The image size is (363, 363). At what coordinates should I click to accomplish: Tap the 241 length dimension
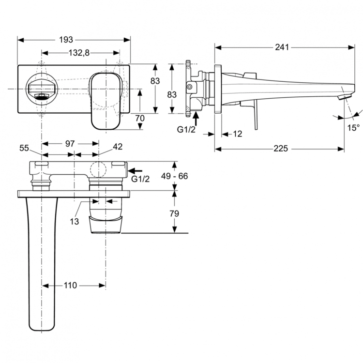click(x=281, y=47)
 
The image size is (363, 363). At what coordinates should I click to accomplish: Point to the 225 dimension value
click(x=279, y=149)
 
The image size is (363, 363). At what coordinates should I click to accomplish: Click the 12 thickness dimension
click(x=237, y=134)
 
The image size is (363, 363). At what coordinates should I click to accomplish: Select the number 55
click(x=25, y=148)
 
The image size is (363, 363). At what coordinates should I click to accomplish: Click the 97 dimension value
click(x=70, y=143)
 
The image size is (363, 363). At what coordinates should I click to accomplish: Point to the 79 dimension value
click(x=174, y=212)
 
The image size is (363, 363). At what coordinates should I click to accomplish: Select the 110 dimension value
click(x=70, y=286)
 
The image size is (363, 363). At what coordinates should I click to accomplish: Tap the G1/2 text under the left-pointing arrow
click(x=140, y=179)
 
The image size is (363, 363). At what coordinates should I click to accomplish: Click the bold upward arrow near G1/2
click(x=196, y=117)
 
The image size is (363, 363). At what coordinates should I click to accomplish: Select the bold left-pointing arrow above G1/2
click(x=136, y=170)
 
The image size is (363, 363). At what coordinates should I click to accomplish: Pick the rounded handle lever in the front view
click(x=104, y=101)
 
